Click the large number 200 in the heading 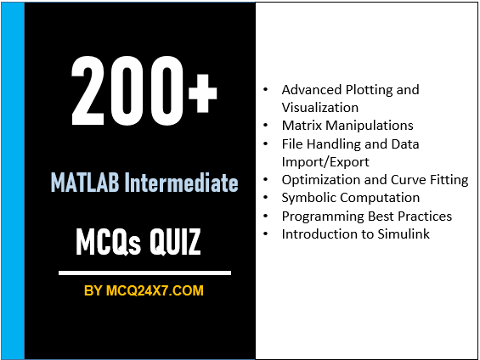tap(127, 92)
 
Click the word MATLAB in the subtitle tap(86, 183)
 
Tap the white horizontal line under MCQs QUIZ tap(144, 273)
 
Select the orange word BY tap(93, 291)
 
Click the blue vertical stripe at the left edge tap(13, 180)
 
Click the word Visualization tap(320, 107)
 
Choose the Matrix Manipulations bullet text tap(347, 126)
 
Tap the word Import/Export tap(325, 161)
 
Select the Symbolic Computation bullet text tap(351, 198)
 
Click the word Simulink tap(401, 233)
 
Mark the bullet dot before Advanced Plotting tap(268, 89)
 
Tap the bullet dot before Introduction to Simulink tap(268, 233)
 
